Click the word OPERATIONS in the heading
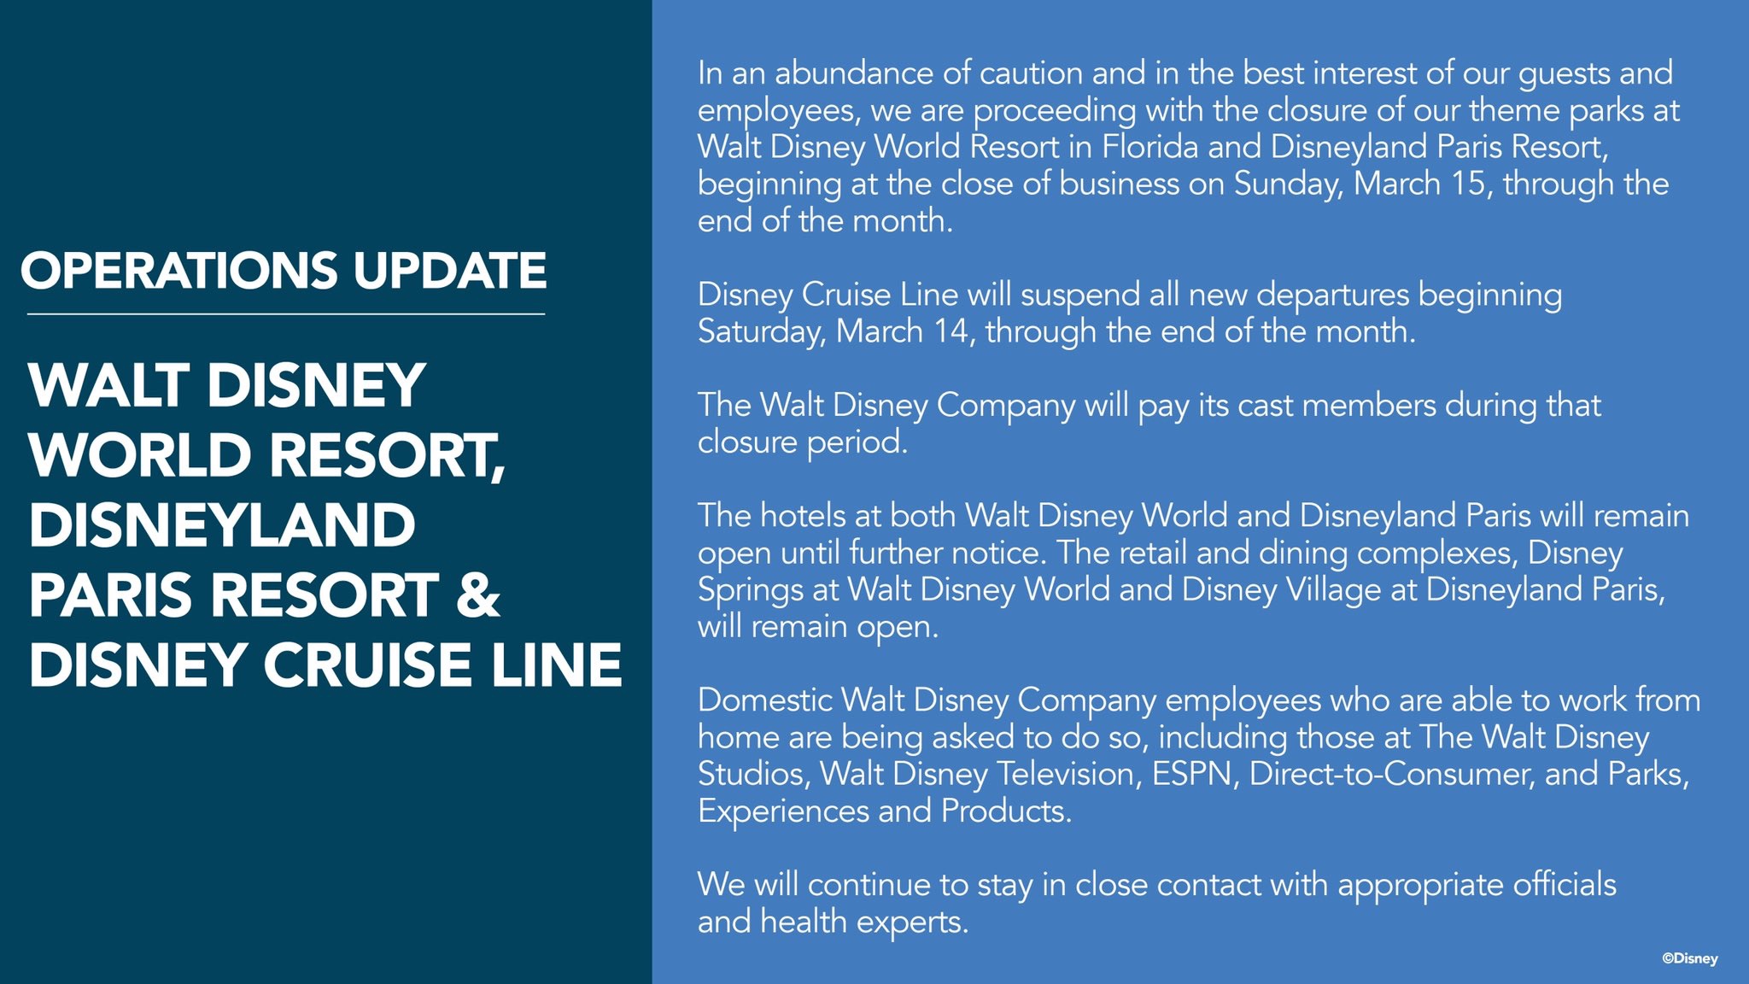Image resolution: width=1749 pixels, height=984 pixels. (180, 271)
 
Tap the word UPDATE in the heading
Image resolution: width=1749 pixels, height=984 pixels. (449, 271)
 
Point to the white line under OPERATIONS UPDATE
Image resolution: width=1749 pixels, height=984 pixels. (285, 314)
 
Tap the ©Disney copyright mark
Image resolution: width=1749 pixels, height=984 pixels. (1689, 958)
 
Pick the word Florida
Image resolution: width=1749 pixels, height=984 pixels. (1149, 147)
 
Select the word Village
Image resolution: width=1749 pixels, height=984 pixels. (1334, 589)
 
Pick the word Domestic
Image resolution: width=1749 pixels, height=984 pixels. (764, 700)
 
